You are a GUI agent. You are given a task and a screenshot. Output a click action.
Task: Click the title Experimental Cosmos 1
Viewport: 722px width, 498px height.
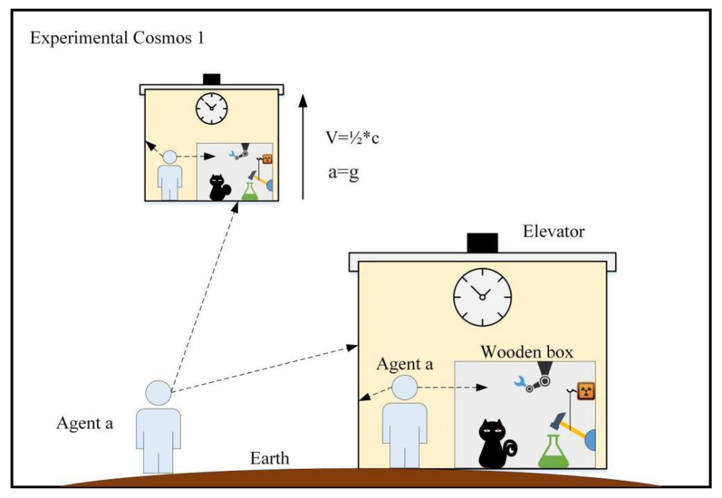(x=117, y=38)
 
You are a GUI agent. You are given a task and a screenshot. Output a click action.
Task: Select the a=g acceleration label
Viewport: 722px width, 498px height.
(x=343, y=172)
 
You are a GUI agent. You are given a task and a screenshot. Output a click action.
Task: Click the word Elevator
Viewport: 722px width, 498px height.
(x=553, y=231)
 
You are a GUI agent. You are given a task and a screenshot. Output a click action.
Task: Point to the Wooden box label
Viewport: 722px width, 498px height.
(x=527, y=352)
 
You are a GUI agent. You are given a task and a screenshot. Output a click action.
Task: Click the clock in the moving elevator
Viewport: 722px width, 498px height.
(x=211, y=108)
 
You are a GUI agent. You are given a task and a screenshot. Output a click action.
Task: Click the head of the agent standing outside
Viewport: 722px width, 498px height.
(x=158, y=393)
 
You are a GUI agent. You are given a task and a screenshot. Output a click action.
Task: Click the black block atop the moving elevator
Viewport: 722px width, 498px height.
(x=211, y=79)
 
